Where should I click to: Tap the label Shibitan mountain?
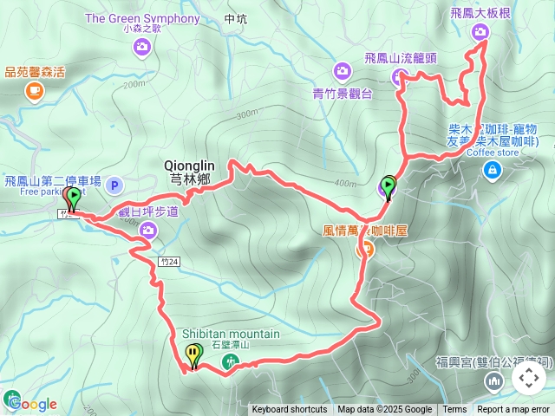(x=231, y=334)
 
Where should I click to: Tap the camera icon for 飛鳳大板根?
(x=480, y=32)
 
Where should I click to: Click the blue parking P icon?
(x=114, y=185)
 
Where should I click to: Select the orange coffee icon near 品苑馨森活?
(x=34, y=89)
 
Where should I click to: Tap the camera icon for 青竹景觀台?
(x=343, y=70)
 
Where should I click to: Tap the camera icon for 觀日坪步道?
(x=148, y=230)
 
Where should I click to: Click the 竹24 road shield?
(x=170, y=260)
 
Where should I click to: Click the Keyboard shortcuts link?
(x=290, y=410)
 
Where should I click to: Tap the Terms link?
(x=454, y=410)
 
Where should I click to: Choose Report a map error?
(x=514, y=410)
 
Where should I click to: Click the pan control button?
(x=529, y=379)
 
